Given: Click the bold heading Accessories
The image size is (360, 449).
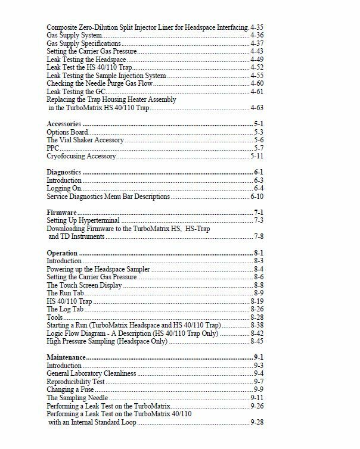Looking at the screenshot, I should click(64, 123).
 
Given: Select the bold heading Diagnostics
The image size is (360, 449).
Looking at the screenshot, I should click(63, 172).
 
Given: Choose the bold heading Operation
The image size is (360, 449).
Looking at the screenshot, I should click(62, 253).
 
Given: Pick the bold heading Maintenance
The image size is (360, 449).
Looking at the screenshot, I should click(66, 357).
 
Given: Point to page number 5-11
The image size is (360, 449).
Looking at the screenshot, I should click(257, 155).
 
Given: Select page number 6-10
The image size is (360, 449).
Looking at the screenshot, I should click(257, 197).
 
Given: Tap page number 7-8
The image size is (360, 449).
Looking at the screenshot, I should click(259, 236).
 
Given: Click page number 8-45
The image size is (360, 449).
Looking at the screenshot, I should click(257, 341).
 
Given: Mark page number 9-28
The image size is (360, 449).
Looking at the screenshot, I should click(257, 422).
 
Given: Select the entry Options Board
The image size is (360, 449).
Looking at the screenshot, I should click(67, 132).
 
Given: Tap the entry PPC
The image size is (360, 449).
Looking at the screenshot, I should click(52, 148).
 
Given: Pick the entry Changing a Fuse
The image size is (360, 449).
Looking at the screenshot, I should click(71, 389).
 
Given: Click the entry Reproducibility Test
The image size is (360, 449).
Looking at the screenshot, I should click(76, 381).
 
